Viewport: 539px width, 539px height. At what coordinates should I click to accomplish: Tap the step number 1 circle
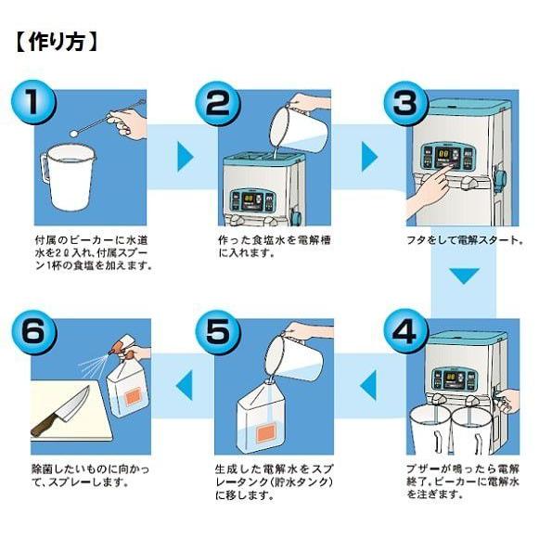point(33,102)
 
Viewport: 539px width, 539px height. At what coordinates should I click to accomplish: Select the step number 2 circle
point(218,102)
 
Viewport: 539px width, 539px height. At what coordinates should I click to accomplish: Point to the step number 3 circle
point(405,102)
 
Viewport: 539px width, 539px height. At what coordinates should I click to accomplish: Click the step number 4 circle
point(405,331)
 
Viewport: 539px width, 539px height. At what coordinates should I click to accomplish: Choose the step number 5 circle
point(218,331)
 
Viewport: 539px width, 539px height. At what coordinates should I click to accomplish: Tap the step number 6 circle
point(33,331)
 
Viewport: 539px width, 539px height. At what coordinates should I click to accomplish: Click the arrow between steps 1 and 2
point(185,157)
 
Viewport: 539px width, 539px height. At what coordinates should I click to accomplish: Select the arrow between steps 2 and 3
point(369,157)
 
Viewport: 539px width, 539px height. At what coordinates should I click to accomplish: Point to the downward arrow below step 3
point(465,276)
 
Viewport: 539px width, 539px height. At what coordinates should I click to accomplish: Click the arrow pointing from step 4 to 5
point(367,385)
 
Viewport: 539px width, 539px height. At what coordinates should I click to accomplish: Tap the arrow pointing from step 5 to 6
point(184,385)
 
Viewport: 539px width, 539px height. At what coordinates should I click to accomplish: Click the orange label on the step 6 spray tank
point(133,396)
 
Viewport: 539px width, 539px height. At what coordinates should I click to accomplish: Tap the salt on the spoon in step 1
point(73,133)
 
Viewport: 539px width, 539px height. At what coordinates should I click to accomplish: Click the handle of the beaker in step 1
point(45,170)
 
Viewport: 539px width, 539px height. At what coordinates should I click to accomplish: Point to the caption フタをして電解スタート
point(465,239)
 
